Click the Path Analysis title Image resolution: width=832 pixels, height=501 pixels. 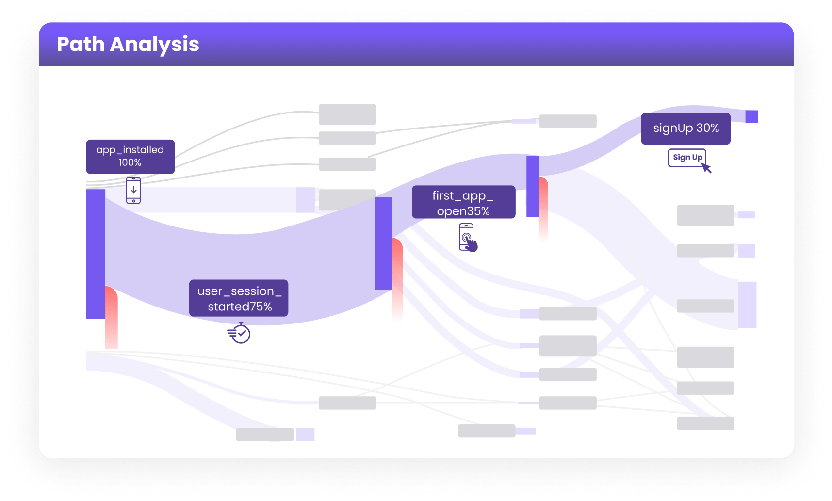(128, 45)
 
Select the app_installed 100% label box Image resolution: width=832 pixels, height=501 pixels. (131, 157)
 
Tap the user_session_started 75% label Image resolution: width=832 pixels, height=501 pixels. (239, 298)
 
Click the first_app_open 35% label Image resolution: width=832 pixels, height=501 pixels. (463, 202)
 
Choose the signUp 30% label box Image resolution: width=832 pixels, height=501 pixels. (685, 129)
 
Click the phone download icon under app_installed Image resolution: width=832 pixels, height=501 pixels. (133, 190)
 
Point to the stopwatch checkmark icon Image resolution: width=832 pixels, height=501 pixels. (239, 333)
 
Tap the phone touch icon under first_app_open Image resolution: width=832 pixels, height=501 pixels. (468, 238)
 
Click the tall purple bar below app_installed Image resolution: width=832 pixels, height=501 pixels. (96, 254)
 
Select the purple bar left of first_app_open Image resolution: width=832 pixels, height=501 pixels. (383, 243)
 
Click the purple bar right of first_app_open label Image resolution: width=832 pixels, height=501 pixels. (533, 187)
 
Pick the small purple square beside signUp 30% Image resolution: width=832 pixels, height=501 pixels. (751, 117)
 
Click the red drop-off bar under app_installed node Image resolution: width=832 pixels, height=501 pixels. (112, 318)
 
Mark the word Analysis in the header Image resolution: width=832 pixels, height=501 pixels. (155, 45)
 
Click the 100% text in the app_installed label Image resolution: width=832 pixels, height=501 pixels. (130, 162)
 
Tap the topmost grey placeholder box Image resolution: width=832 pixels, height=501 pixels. (347, 114)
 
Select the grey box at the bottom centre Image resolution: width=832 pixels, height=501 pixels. (487, 431)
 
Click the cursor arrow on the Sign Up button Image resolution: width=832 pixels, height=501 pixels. (706, 168)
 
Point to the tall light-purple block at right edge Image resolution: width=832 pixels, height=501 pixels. (747, 305)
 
